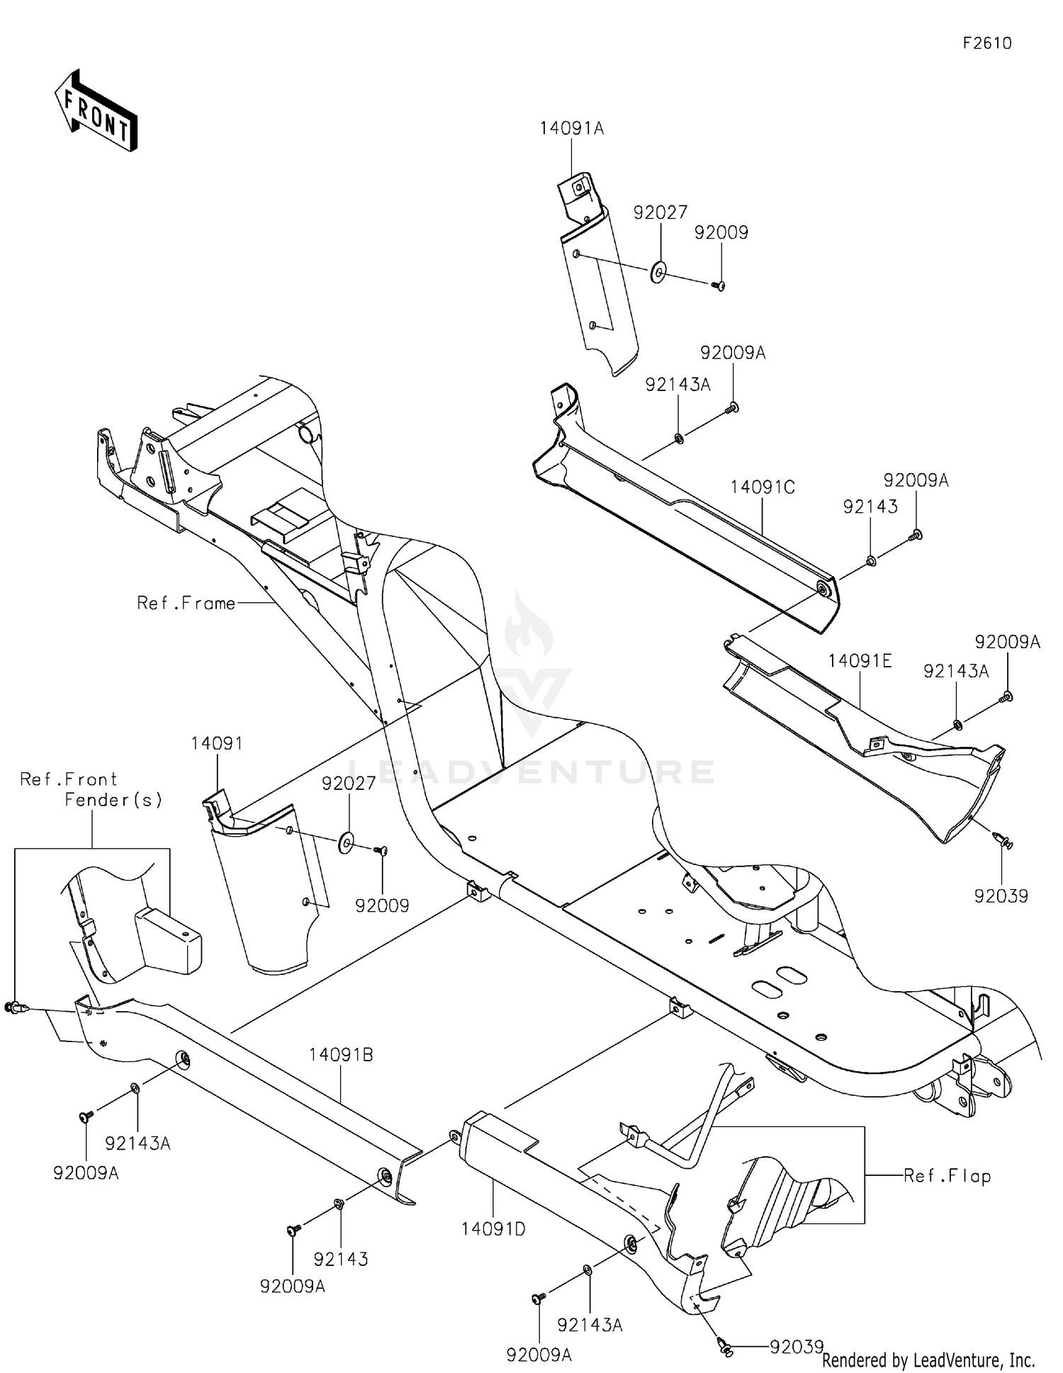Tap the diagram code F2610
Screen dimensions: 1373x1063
tap(987, 44)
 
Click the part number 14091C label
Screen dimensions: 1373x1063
tap(763, 487)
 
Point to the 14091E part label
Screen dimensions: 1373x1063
tap(860, 662)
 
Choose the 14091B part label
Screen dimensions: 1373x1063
tap(341, 1055)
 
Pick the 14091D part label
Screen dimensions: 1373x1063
tap(493, 1229)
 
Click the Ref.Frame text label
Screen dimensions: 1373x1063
tap(186, 604)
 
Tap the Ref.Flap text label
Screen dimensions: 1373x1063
tap(947, 1177)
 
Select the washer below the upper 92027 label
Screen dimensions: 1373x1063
tap(658, 271)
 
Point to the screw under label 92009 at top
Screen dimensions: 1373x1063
tap(719, 286)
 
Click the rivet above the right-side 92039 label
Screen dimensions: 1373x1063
tap(1003, 841)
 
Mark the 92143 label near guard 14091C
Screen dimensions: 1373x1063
tap(870, 507)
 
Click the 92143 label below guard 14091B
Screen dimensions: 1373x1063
tap(341, 1259)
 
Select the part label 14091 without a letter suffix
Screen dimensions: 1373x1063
tap(216, 744)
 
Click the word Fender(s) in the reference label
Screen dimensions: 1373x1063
tap(113, 800)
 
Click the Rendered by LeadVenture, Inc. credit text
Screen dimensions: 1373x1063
tap(928, 1360)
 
